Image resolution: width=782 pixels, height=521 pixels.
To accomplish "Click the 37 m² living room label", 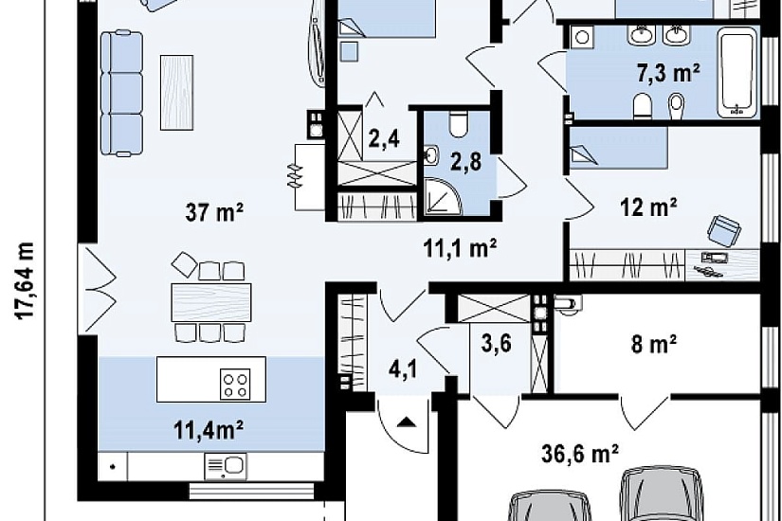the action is pyautogui.click(x=214, y=212).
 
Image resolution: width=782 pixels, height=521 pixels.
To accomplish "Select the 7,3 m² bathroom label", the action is pyautogui.click(x=668, y=73).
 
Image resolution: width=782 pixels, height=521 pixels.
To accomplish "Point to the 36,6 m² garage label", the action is pyautogui.click(x=580, y=454).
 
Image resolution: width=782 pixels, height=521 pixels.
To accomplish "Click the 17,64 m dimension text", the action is pyautogui.click(x=25, y=280).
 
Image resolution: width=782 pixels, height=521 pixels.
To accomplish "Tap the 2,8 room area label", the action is pyautogui.click(x=466, y=162).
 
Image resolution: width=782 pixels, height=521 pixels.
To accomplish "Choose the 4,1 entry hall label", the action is pyautogui.click(x=404, y=369).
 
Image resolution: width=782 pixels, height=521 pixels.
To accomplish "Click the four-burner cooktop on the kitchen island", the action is pyautogui.click(x=235, y=385).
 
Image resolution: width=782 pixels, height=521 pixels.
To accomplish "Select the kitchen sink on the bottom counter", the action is pyautogui.click(x=226, y=466).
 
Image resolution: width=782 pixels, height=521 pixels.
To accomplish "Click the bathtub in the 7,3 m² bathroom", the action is pyautogui.click(x=737, y=73).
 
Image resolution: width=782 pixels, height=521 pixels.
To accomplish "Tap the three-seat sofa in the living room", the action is pyautogui.click(x=121, y=93).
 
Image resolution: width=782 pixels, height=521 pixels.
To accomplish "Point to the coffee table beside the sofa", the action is pyautogui.click(x=176, y=93).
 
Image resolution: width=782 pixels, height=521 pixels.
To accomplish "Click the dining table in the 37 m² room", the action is pyautogui.click(x=211, y=302).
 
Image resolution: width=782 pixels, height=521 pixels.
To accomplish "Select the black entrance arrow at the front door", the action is pyautogui.click(x=408, y=422).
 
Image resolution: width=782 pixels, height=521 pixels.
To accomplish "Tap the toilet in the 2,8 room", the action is pyautogui.click(x=457, y=124).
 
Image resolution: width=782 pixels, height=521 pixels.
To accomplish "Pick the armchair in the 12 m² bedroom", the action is pyautogui.click(x=723, y=230).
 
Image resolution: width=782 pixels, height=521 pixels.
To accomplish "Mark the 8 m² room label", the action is pyautogui.click(x=653, y=344).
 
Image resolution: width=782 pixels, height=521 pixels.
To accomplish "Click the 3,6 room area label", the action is pyautogui.click(x=497, y=344).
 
